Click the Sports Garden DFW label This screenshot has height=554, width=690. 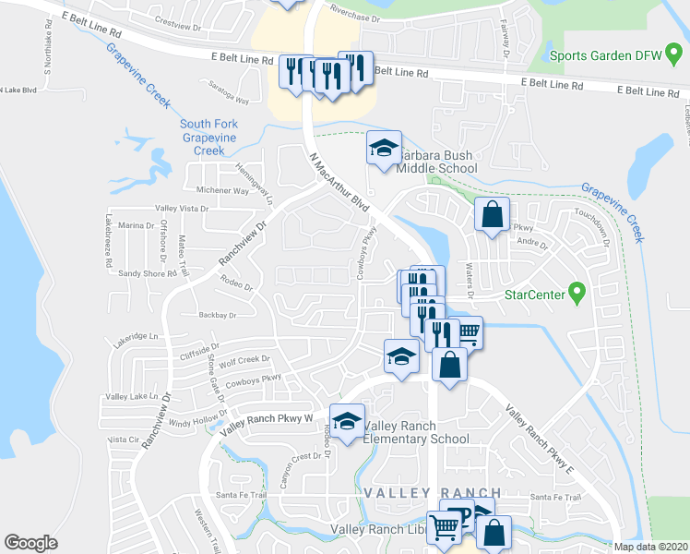[x=605, y=55]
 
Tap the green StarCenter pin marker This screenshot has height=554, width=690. [x=577, y=295]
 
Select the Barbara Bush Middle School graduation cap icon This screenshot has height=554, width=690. [x=384, y=148]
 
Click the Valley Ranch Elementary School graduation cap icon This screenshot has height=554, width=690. [x=347, y=422]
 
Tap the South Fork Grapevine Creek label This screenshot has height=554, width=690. [x=208, y=137]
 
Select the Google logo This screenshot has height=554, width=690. [x=31, y=543]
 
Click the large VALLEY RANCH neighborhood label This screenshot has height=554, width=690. [x=433, y=493]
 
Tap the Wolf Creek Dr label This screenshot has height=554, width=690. [x=244, y=361]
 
